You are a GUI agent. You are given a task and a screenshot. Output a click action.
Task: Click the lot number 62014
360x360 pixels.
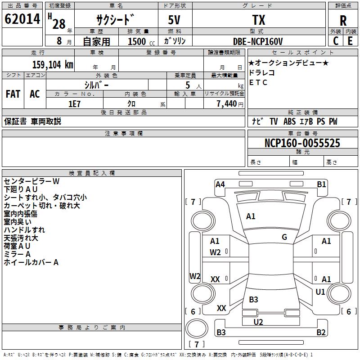point(22,19)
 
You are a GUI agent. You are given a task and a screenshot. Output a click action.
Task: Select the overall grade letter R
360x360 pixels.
point(343,21)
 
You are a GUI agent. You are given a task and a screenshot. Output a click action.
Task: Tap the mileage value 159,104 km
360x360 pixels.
point(53,65)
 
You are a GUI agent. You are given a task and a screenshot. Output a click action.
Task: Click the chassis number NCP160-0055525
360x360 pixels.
point(302,143)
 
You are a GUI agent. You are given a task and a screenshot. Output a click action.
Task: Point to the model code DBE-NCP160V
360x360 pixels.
point(258,41)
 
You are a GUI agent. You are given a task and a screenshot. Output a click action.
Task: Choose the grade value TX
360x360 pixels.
point(259,20)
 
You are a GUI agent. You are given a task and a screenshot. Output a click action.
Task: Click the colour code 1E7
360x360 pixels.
point(74,104)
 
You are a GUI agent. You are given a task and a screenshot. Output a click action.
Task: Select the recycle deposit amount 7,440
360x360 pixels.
point(227,104)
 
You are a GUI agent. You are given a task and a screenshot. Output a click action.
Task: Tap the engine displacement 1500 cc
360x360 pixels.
point(141,41)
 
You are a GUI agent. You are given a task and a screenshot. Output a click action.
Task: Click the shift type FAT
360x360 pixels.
point(13,94)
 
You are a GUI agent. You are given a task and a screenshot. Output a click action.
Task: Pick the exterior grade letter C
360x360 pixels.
point(336,41)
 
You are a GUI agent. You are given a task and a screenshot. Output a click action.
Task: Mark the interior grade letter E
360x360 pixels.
point(350,41)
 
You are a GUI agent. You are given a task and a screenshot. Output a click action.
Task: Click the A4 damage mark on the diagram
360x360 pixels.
point(220,184)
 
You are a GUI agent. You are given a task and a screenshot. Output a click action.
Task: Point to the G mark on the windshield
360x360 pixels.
point(284,237)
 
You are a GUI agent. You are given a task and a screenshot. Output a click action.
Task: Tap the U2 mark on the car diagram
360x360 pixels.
point(258,322)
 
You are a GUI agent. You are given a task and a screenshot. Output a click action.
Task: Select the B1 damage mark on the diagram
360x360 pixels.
point(321,184)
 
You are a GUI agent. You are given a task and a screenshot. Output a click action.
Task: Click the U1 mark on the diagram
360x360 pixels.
point(320,292)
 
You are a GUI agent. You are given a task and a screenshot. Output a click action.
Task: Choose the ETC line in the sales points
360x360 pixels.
point(258,82)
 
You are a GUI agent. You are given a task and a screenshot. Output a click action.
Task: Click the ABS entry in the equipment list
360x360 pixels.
point(289,121)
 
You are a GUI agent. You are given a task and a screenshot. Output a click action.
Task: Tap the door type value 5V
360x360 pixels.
point(174,20)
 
